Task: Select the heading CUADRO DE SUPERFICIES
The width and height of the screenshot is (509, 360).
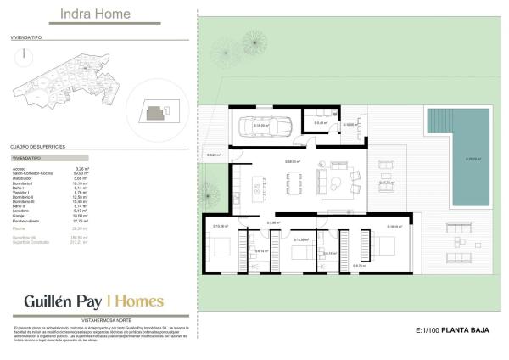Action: click(x=37, y=147)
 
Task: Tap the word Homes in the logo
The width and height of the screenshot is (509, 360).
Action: click(x=138, y=301)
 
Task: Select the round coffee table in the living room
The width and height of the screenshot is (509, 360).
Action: click(x=335, y=181)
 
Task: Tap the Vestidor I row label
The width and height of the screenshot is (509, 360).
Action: click(x=23, y=192)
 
